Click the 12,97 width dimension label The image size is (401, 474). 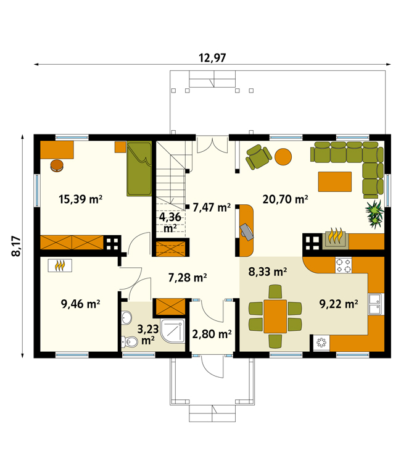coord(212,57)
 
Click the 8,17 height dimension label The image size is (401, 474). coord(16,246)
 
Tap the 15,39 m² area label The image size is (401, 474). coord(80,199)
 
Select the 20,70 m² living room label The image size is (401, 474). coord(285,199)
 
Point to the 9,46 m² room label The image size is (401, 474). coord(80,304)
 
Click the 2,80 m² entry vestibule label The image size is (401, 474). coord(212,334)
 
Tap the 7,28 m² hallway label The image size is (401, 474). coord(188,278)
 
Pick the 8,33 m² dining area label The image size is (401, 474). coord(267,272)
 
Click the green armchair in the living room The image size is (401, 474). coord(258,157)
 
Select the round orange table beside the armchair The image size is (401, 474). coord(283,157)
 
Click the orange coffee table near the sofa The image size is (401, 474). coord(335,181)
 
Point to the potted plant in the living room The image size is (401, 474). coord(374,214)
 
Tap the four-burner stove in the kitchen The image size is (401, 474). coord(344,265)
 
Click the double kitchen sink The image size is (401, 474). coord(376,304)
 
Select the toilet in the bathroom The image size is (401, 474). coord(129,342)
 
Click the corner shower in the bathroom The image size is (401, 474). coord(173,330)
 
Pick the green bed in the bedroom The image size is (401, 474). coord(139,168)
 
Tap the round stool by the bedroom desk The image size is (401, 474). coord(57,165)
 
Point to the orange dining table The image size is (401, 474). coord(275,316)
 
